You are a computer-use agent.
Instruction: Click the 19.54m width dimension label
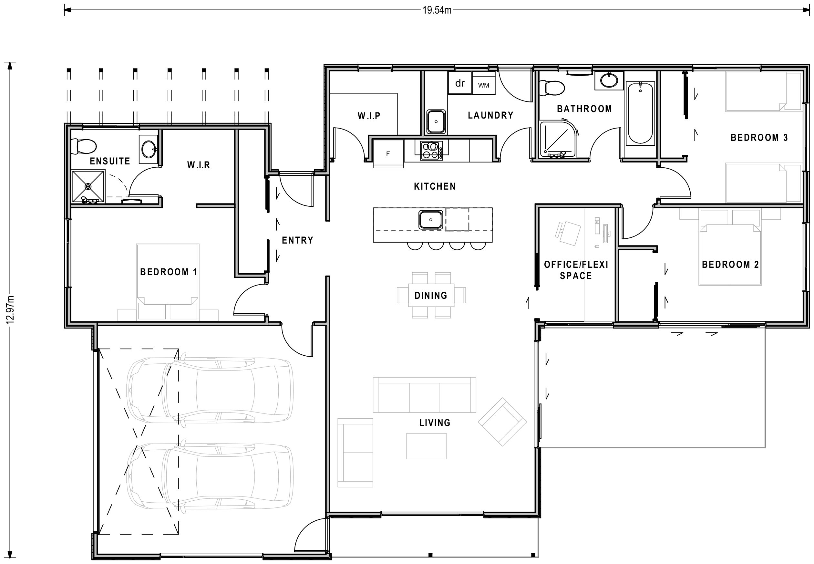437,10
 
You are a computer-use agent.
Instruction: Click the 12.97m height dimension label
10,309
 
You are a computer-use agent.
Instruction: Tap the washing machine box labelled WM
483,84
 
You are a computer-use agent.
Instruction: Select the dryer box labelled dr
459,83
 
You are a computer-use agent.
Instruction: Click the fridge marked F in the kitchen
388,154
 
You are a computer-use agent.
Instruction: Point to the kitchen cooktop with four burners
431,151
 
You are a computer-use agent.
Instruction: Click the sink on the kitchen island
430,220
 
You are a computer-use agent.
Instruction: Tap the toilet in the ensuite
83,146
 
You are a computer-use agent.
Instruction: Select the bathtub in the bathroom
640,113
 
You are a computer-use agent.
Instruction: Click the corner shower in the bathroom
557,139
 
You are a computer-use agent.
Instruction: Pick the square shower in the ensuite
88,186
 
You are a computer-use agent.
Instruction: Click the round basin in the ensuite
149,149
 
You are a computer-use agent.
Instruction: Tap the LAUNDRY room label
490,115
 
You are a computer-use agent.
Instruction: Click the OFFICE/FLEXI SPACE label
576,270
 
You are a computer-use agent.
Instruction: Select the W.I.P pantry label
369,116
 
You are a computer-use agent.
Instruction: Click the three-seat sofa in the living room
424,395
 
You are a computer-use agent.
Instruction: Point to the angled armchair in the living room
502,422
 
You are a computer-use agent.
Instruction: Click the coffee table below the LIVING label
426,446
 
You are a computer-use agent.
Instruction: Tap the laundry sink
436,121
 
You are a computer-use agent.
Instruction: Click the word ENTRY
297,240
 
